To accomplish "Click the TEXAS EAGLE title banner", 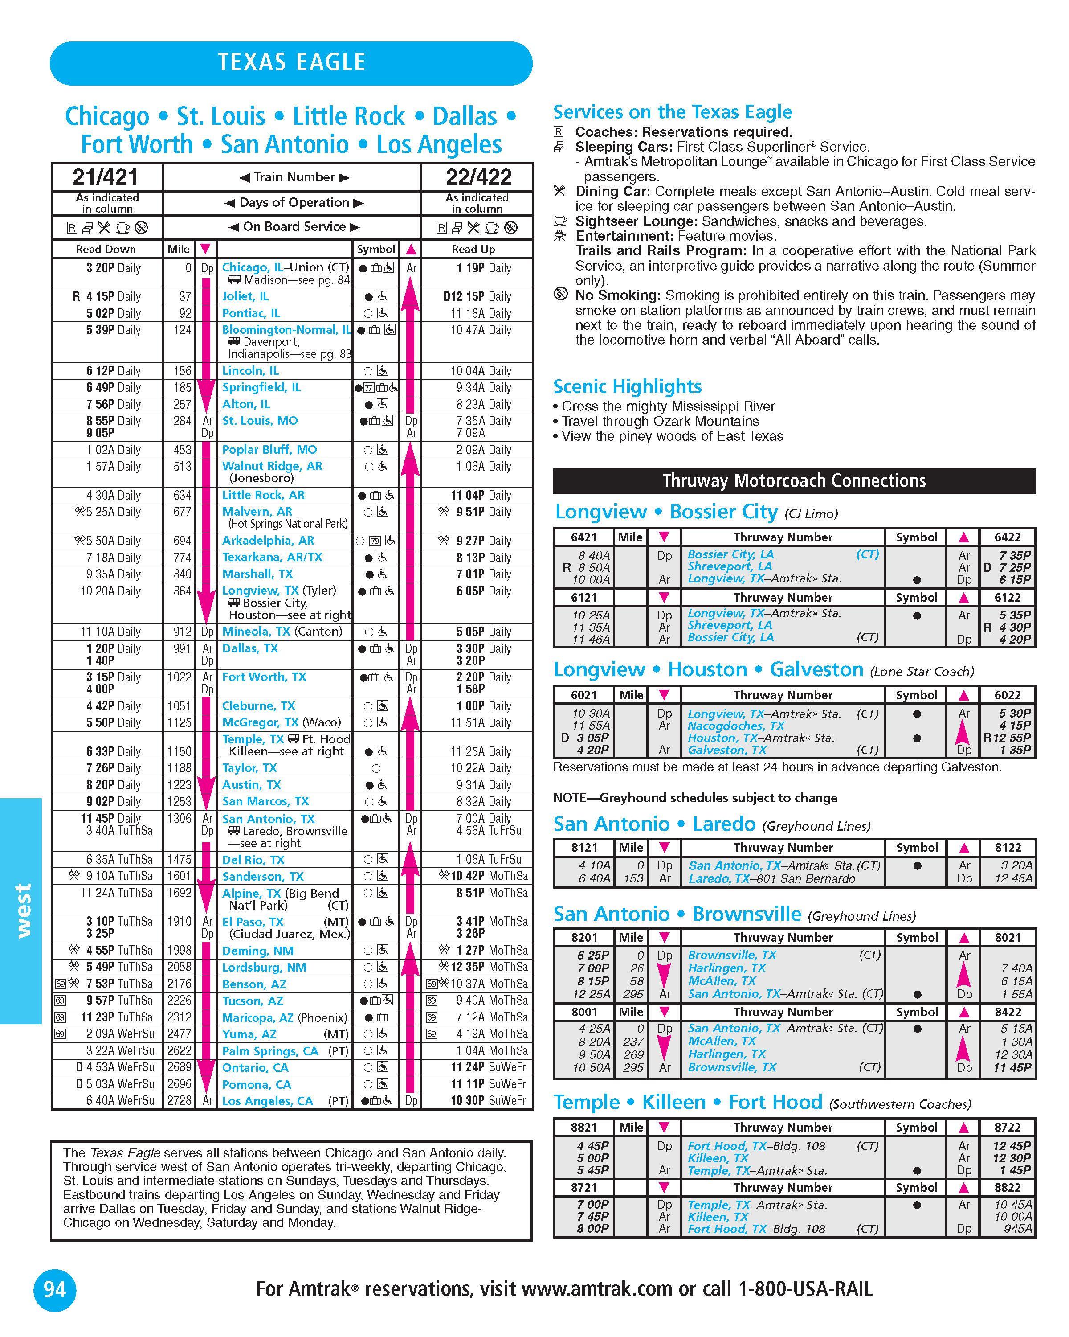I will click(291, 63).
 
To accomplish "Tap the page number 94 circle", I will click(54, 1290).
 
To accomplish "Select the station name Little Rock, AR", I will click(263, 495).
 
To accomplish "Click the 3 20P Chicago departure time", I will click(100, 268).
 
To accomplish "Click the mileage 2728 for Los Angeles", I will click(179, 1101).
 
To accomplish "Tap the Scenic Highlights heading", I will click(627, 386).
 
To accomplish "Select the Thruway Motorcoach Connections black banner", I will click(794, 480).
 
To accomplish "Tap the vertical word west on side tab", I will click(22, 911).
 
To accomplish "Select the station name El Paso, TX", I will click(253, 922).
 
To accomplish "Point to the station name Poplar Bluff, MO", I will click(269, 450).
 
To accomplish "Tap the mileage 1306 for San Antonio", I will click(179, 819).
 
